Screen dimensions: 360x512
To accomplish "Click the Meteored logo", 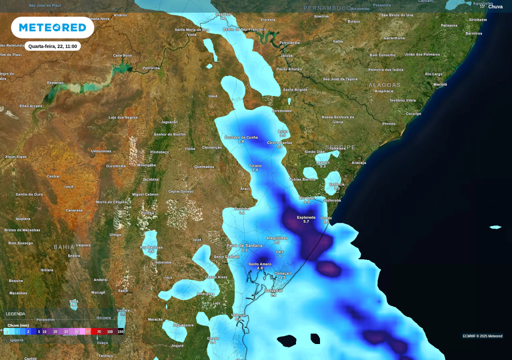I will tap(52, 27).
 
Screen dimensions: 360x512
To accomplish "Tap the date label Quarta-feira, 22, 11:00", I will tap(52, 46).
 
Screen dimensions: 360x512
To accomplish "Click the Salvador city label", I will tap(273, 290).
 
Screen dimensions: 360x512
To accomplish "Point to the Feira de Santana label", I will tap(244, 245).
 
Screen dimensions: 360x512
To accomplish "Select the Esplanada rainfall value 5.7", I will tap(306, 221).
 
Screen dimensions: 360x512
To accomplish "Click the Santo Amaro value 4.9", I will tap(260, 268).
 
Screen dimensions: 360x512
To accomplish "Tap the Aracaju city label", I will tap(358, 163).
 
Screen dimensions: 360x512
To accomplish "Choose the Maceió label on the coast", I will tap(440, 84).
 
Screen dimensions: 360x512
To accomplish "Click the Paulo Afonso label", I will tap(289, 69).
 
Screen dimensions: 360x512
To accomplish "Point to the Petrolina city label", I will tap(151, 68).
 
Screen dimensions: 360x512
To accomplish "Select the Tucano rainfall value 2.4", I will tap(255, 170).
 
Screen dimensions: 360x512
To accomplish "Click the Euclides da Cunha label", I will tap(241, 137).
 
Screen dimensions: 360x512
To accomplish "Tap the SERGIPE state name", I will tap(340, 147).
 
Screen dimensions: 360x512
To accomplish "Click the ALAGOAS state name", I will tap(384, 85).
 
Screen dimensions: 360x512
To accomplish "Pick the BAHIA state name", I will tap(64, 247).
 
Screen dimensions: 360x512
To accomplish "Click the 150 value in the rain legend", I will tap(120, 331).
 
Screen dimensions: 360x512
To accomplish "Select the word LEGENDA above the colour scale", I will tap(15, 314).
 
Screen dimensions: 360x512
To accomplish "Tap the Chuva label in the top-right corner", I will tap(495, 6).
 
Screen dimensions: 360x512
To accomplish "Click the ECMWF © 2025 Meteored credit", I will tap(482, 336).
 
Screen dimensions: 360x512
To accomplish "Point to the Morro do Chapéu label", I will tap(111, 202).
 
